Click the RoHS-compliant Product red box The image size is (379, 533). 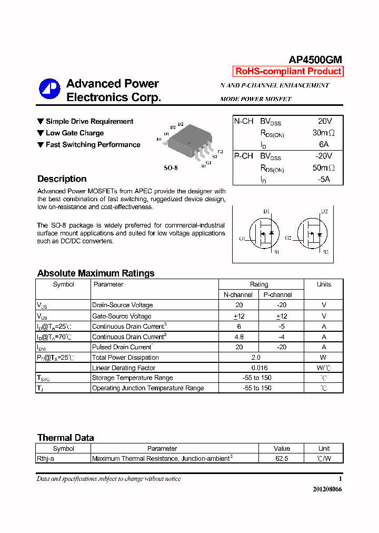(288, 72)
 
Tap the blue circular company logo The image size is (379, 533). (50, 89)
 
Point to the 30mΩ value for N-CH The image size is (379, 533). (324, 133)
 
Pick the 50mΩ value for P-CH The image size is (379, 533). (324, 168)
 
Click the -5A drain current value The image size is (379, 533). (324, 179)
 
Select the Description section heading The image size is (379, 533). (62, 179)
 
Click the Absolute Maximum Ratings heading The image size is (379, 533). (96, 273)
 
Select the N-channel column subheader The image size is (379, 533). (238, 295)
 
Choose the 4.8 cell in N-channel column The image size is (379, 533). (238, 337)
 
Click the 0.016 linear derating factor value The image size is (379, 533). (260, 368)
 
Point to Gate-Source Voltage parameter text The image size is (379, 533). (122, 316)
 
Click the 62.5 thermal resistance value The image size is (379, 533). (282, 459)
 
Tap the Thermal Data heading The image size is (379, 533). (65, 438)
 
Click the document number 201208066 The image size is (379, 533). (327, 489)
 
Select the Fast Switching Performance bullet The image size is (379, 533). (93, 145)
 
